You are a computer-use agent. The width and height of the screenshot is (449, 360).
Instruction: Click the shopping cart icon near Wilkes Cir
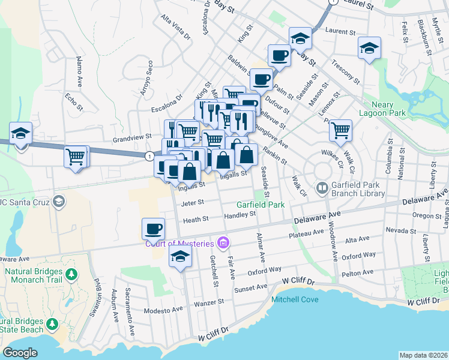pos(340,130)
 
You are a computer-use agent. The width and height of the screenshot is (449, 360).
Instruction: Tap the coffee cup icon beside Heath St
pos(153,228)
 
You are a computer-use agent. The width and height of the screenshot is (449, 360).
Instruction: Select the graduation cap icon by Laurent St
pos(300,38)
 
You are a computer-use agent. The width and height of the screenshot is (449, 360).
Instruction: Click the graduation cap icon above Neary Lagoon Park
pos(369,48)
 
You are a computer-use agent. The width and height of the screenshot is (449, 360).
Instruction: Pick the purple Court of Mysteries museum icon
pos(223,243)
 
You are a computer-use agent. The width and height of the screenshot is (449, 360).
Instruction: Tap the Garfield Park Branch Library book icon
pos(322,189)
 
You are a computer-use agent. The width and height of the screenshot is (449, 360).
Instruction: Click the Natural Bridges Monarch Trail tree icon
pos(71,274)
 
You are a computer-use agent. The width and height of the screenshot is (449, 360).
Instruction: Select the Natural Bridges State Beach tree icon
pos(52,325)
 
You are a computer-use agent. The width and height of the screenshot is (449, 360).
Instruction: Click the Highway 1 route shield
pos(148,155)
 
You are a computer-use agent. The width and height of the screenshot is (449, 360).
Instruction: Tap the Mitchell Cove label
pos(295,299)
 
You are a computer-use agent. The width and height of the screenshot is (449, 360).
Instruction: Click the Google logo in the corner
pos(20,353)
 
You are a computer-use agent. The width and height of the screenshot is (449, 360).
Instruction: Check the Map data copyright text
pos(424,355)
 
